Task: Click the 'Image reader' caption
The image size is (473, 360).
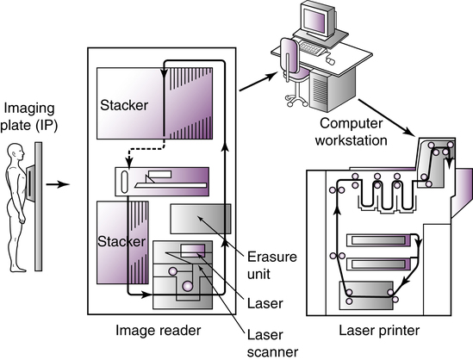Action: [x=158, y=331]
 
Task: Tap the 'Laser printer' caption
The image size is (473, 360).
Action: [x=379, y=330]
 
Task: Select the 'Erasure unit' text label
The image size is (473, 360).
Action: [x=272, y=265]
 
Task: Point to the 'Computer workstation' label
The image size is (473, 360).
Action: [x=352, y=132]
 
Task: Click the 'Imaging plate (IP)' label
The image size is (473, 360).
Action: [x=29, y=117]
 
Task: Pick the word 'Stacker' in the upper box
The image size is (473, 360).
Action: [x=124, y=105]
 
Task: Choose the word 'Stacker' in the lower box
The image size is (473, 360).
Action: [x=121, y=241]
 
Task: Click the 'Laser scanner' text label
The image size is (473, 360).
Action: [x=273, y=344]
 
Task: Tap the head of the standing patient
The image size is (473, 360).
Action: [x=16, y=152]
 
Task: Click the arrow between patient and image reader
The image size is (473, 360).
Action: [x=58, y=184]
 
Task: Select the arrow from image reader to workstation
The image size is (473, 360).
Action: [x=258, y=81]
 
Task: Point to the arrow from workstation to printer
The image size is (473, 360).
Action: [x=386, y=118]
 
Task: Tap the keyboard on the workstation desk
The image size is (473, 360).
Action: [x=313, y=48]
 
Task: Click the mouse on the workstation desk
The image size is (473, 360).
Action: [x=331, y=61]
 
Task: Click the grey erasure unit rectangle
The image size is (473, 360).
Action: [x=201, y=219]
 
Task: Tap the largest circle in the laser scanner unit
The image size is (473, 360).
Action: [x=187, y=286]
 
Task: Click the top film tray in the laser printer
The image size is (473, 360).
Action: [x=378, y=240]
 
